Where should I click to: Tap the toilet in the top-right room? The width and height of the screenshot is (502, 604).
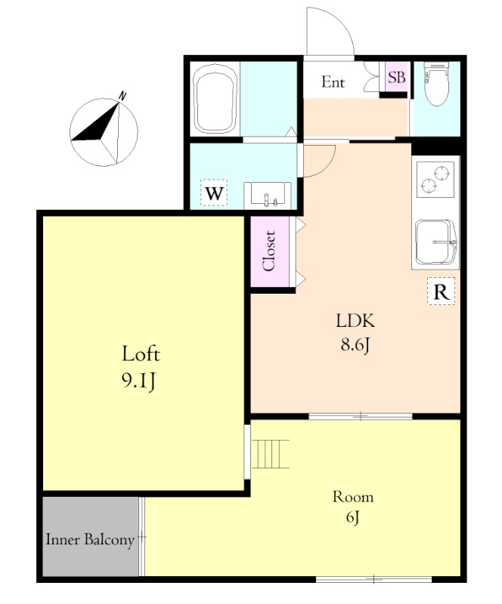click(x=436, y=84)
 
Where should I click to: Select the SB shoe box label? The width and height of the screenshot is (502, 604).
click(x=397, y=77)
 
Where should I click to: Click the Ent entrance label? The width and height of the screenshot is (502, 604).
click(x=333, y=82)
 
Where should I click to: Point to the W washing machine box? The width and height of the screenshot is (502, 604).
click(x=214, y=193)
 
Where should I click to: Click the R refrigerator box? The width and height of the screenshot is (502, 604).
click(x=441, y=291)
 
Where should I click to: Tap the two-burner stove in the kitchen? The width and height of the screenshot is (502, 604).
click(x=435, y=179)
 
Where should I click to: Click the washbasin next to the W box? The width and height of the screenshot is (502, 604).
click(x=267, y=195)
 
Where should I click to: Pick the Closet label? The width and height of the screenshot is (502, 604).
click(x=269, y=251)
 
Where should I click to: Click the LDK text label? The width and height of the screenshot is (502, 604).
click(x=355, y=320)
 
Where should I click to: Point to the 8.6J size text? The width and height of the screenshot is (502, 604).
click(x=355, y=345)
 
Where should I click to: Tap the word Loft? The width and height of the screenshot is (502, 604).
click(x=141, y=353)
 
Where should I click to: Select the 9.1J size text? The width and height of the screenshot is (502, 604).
click(x=139, y=381)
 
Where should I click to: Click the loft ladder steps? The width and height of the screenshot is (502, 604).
click(x=270, y=454)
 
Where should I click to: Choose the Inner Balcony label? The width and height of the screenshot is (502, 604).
click(x=90, y=540)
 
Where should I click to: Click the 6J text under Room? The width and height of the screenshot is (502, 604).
click(x=352, y=517)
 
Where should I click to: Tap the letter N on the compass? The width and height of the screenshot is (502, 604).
click(x=122, y=96)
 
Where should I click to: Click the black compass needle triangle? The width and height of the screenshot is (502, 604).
click(x=97, y=122)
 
